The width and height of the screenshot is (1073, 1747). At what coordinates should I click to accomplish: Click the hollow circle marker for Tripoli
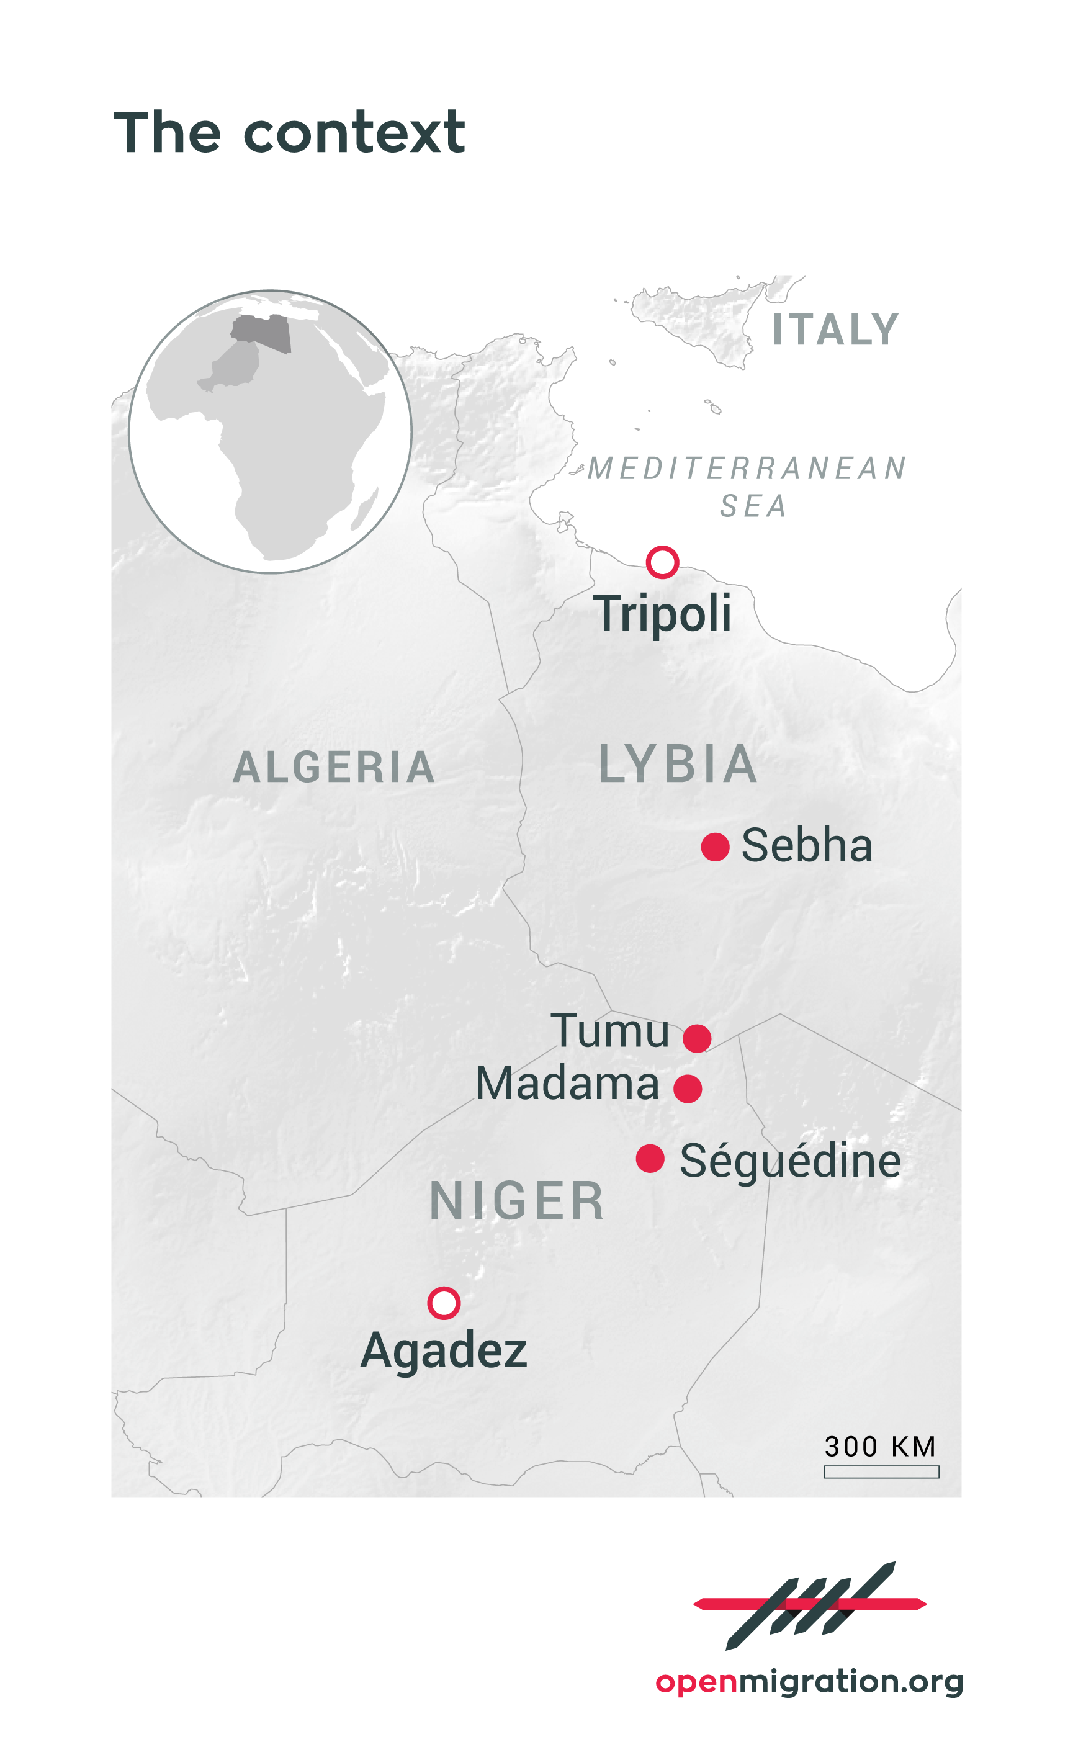click(662, 563)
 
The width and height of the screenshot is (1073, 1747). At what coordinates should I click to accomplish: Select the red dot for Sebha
click(715, 847)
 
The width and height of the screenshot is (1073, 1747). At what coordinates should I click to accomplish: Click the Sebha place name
click(807, 846)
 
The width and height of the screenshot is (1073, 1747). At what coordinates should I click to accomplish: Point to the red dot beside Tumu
click(697, 1038)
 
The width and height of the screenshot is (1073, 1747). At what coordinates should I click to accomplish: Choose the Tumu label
click(610, 1031)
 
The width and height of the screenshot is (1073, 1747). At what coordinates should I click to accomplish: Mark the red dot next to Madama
click(688, 1089)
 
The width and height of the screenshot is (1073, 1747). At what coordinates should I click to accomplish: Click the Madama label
click(567, 1084)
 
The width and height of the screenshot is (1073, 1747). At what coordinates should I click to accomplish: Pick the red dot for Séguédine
click(650, 1159)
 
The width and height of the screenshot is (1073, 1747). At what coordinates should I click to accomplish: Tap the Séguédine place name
click(790, 1162)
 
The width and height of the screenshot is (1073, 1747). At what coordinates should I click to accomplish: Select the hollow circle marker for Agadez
click(444, 1303)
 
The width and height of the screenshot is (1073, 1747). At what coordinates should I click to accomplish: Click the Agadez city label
click(444, 1350)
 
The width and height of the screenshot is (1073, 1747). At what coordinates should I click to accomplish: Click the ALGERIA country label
click(333, 768)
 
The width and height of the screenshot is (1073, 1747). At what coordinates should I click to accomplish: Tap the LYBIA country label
click(678, 765)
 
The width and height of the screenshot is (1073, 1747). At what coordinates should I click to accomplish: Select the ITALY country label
click(835, 330)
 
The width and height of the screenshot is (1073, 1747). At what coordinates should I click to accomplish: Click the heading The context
click(290, 133)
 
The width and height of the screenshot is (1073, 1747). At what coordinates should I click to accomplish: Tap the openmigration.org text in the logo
click(809, 1681)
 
